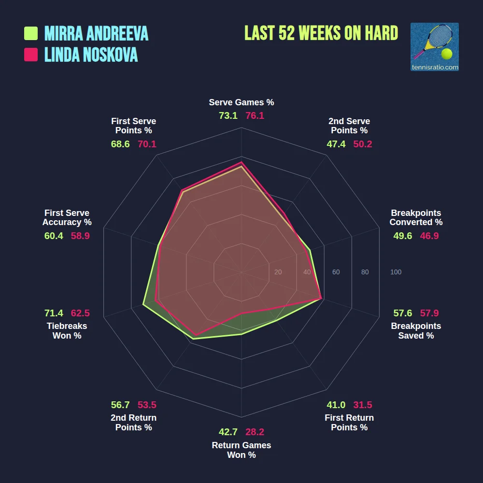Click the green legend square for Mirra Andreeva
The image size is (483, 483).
click(31, 33)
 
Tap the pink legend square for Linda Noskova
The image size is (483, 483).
click(31, 55)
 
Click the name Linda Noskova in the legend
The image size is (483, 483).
click(91, 55)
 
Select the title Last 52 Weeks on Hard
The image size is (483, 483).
click(321, 33)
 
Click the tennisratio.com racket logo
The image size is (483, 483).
click(434, 47)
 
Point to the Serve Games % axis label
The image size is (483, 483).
click(241, 102)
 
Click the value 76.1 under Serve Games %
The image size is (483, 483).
click(255, 116)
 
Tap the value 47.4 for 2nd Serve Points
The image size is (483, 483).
click(336, 144)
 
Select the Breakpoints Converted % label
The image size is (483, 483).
click(416, 217)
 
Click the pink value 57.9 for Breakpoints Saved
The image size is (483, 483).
click(429, 313)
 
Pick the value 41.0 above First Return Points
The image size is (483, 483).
click(336, 405)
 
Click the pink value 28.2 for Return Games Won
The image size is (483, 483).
click(255, 432)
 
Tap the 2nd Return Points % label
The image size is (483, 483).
click(134, 423)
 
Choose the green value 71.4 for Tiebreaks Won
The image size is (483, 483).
click(54, 313)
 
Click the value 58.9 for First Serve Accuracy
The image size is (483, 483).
click(80, 236)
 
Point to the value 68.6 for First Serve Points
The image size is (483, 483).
click(120, 144)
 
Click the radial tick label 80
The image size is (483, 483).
click(365, 272)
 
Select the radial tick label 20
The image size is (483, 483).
click(278, 272)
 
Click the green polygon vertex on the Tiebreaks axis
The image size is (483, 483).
click(143, 304)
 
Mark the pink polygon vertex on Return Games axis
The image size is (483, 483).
click(241, 313)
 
